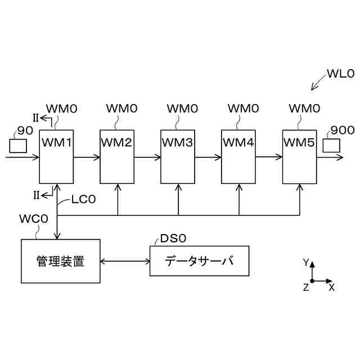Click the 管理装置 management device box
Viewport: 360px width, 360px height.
60,261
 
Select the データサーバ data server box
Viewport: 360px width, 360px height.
199,261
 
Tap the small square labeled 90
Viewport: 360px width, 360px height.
18,145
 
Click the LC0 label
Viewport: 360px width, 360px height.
84,200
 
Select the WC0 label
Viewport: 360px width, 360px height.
34,218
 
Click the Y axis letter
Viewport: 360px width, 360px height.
306,263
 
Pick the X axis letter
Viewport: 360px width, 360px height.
331,287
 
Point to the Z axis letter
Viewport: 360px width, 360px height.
306,287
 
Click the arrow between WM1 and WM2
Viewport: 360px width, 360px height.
87,157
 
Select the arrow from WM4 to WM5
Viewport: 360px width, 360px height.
269,157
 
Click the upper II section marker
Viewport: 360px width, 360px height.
36,118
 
